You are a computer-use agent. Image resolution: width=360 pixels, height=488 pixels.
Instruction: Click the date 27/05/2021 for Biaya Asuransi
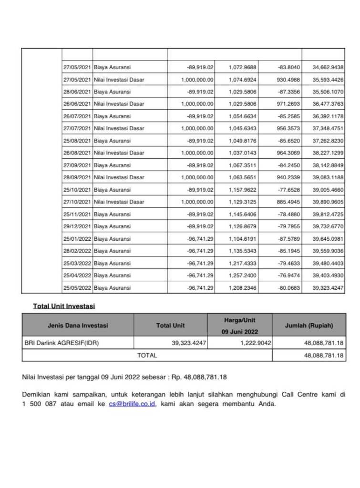click(77, 67)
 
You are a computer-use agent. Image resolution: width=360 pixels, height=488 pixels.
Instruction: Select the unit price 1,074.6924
click(243, 80)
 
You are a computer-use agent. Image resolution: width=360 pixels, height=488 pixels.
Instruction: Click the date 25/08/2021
click(77, 141)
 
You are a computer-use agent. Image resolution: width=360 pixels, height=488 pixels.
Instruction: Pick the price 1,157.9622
click(243, 190)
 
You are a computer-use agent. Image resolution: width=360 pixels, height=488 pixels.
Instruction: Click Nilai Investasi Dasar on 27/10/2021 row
click(119, 202)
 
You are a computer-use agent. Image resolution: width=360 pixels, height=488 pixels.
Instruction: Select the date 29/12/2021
click(77, 226)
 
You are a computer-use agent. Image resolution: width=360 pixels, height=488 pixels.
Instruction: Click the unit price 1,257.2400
click(243, 275)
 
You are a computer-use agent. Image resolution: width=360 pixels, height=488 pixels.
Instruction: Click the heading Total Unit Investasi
click(64, 306)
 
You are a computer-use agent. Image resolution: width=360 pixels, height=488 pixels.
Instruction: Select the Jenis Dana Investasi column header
click(78, 325)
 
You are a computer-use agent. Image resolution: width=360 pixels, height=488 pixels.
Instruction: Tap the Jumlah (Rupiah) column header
click(309, 325)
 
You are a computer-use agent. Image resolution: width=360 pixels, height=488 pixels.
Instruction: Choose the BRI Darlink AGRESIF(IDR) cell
click(62, 343)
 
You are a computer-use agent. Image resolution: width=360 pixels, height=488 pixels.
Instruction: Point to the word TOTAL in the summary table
click(147, 355)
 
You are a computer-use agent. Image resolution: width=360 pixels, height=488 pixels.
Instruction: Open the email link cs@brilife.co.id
click(132, 404)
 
